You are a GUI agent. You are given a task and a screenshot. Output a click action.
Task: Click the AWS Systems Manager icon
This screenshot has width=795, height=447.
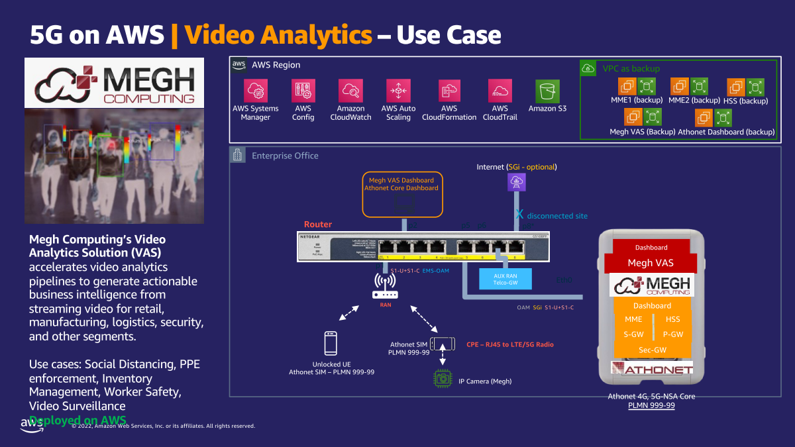tap(255, 91)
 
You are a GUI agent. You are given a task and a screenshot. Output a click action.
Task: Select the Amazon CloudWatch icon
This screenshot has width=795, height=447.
tap(350, 91)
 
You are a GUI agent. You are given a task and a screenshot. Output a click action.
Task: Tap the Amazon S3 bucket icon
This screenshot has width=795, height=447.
tap(548, 91)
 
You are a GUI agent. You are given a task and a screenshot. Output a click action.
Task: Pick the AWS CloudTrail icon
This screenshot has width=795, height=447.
tap(500, 91)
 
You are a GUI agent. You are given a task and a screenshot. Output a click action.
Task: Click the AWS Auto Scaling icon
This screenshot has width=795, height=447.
tap(398, 91)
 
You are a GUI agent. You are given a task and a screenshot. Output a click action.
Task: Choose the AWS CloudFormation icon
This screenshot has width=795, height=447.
tap(449, 91)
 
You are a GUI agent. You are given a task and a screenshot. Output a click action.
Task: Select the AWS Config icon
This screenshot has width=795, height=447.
tap(303, 91)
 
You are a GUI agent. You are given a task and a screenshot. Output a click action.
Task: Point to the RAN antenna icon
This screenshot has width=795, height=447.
tap(385, 286)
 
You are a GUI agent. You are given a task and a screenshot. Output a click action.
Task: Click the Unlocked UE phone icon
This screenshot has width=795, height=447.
tap(331, 343)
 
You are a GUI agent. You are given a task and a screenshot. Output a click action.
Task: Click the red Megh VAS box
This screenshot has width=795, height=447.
tap(651, 262)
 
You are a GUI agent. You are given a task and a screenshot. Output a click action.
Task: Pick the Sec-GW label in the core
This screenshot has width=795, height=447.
tap(653, 350)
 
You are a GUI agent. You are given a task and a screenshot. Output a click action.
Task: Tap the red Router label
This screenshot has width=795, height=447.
tap(318, 224)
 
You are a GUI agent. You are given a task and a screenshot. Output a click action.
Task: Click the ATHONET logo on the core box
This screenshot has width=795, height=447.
tap(652, 369)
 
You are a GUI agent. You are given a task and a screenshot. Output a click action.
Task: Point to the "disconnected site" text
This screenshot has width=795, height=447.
tap(557, 216)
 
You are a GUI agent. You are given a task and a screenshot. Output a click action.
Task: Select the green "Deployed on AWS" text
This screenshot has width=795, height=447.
tap(78, 420)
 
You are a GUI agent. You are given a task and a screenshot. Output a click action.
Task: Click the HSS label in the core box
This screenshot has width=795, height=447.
tap(673, 319)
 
